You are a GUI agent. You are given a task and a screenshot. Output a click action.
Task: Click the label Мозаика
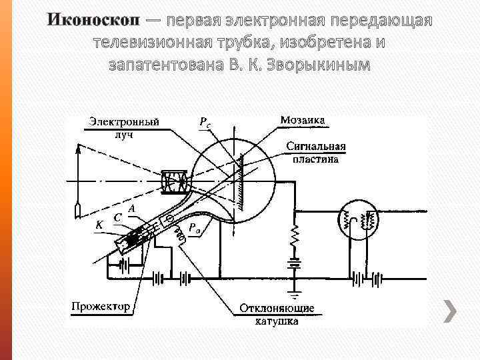303,121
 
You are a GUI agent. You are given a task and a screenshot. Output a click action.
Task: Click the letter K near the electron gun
99,225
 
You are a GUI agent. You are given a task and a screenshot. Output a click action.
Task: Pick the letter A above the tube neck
132,209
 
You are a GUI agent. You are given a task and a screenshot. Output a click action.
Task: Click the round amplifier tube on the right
359,219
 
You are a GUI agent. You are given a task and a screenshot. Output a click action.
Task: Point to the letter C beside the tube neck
117,217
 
